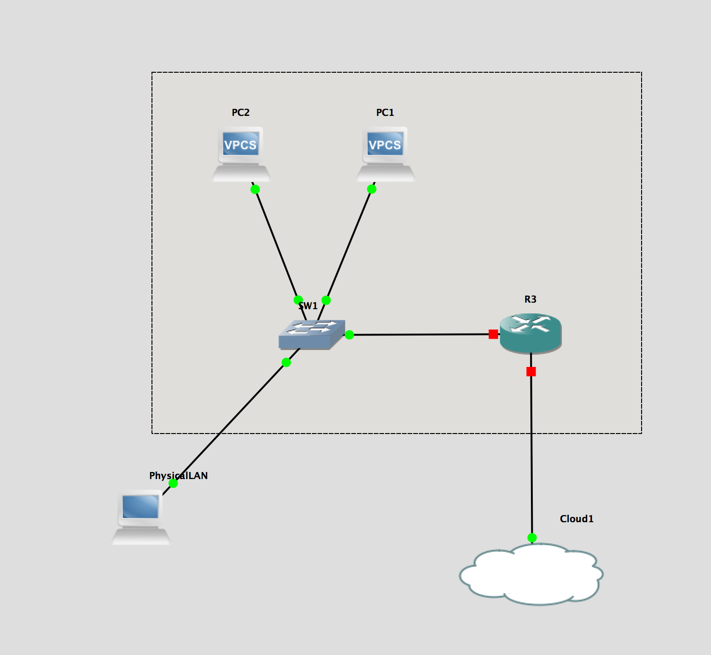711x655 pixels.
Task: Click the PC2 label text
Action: click(241, 113)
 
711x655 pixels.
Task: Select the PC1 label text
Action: click(385, 113)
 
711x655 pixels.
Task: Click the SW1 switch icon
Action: click(311, 335)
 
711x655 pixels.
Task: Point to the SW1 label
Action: click(308, 306)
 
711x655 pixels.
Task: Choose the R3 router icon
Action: click(530, 333)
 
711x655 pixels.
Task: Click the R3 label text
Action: click(530, 299)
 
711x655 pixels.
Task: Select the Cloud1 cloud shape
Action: click(531, 574)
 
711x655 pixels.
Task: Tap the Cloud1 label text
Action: click(576, 519)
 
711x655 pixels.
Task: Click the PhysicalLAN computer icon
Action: click(141, 517)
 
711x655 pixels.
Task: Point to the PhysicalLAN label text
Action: click(178, 476)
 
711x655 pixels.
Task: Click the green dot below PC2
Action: click(255, 190)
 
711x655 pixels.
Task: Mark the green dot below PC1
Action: click(371, 189)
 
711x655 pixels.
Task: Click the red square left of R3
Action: click(493, 334)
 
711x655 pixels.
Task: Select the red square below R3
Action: click(531, 372)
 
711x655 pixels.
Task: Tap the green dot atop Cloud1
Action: click(532, 538)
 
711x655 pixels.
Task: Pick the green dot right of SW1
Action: click(349, 335)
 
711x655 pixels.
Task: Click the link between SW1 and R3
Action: click(422, 335)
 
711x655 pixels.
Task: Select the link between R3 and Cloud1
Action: click(531, 455)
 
